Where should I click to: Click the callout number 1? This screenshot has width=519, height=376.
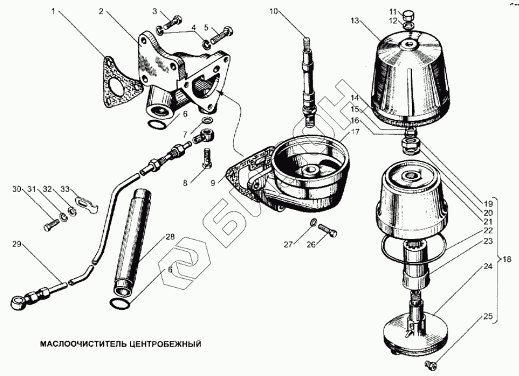pos(53,11)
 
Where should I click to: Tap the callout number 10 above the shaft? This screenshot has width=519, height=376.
pos(273,12)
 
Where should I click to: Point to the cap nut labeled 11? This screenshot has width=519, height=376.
pos(408,16)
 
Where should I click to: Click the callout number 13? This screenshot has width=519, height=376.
pos(355,21)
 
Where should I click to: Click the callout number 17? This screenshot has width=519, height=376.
pos(355,132)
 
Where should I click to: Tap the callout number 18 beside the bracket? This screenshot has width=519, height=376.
pos(507,259)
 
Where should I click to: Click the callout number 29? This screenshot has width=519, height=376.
pos(18,244)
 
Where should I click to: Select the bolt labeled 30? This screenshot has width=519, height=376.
pos(51,226)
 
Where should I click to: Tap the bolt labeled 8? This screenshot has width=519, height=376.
pos(207,158)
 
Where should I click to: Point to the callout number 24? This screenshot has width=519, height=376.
pos(489,266)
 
